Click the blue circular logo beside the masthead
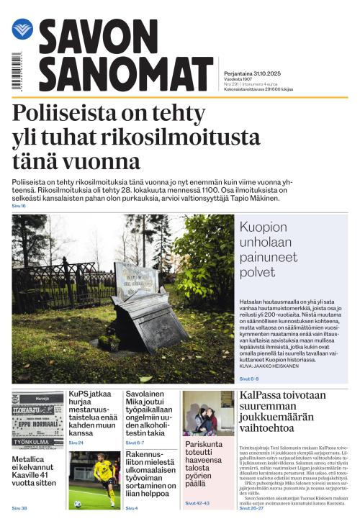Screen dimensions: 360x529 (x=22, y=29)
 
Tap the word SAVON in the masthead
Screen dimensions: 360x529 (x=97, y=36)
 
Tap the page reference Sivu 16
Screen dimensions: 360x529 (x=19, y=206)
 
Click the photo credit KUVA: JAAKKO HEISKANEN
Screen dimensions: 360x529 (x=274, y=366)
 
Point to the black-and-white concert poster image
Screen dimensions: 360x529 (x=37, y=420)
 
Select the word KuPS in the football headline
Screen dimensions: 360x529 (x=78, y=395)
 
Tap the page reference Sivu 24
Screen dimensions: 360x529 (x=76, y=443)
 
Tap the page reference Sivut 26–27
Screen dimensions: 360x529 (x=251, y=508)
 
